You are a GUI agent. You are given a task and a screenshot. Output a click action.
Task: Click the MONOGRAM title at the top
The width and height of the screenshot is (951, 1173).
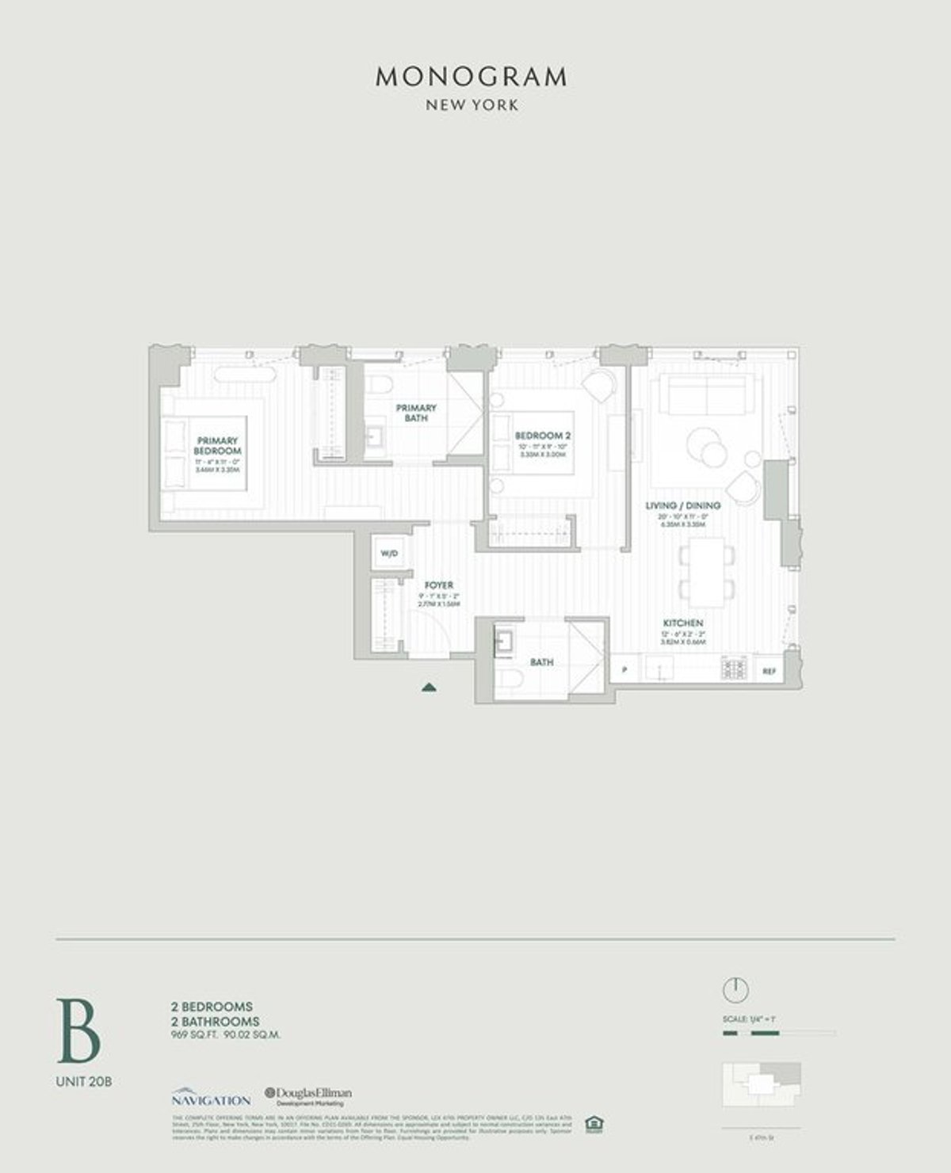[x=472, y=77]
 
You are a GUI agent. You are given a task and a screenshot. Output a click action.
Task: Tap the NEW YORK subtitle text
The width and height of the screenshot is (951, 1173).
[x=472, y=105]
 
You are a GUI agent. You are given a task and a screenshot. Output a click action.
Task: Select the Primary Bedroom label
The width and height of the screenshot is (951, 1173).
[x=217, y=445]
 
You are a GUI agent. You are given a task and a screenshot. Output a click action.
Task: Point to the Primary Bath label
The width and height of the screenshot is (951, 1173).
[x=416, y=412]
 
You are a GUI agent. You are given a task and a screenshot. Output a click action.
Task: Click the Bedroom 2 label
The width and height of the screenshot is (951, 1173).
[x=543, y=436]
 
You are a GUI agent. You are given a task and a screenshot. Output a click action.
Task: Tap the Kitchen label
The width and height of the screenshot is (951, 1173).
[x=683, y=623]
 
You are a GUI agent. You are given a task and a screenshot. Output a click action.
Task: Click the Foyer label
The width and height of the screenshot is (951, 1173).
[x=438, y=585]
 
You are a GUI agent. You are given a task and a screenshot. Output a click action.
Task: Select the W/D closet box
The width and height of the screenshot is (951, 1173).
[x=389, y=554]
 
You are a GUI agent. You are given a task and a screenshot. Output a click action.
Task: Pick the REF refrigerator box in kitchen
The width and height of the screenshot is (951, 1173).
[x=768, y=671]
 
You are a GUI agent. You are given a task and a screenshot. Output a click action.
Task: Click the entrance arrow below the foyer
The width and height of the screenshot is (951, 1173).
[x=430, y=687]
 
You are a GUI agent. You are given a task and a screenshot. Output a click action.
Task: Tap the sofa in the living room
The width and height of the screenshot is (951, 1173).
[x=699, y=394]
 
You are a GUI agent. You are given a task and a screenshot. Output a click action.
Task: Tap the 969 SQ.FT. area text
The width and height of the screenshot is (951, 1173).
[x=192, y=1034]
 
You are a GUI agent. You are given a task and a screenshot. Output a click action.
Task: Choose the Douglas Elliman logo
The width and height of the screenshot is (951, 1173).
[x=309, y=1095]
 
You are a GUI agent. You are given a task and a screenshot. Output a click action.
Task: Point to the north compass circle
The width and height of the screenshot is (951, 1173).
[x=735, y=989]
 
